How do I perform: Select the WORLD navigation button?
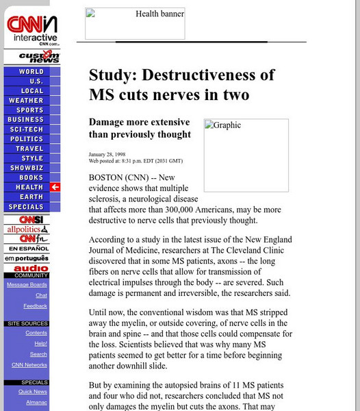point(31,71)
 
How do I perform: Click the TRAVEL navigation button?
point(29,149)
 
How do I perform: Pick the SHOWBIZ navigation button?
point(27,168)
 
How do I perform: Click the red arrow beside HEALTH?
point(55,187)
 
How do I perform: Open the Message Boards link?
point(27,284)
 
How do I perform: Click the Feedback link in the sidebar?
point(35,306)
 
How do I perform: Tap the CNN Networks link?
point(29,365)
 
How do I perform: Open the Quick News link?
point(33,392)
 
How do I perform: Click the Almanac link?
point(36,403)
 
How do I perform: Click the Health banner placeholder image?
point(135,24)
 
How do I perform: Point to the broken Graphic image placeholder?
point(246,155)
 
